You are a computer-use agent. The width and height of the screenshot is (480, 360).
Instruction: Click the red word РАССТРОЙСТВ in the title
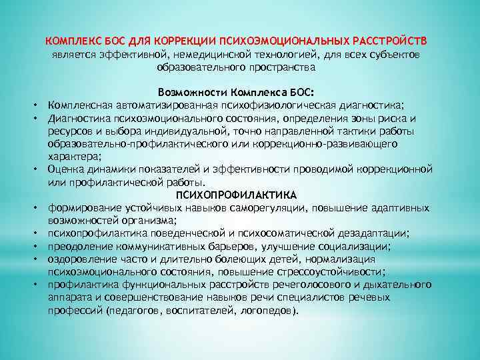[397, 40]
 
